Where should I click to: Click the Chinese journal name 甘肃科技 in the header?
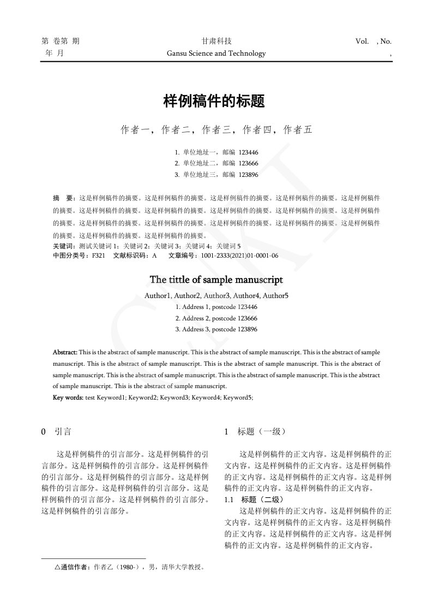tap(216, 41)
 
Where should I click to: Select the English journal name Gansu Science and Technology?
tap(216, 53)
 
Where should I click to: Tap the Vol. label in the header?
tap(362, 41)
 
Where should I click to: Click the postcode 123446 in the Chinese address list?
tap(248, 152)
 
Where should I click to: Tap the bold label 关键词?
tap(63, 246)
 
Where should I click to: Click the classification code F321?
tap(98, 255)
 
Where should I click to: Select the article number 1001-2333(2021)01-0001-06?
tap(239, 255)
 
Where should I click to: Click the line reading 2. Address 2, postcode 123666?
tap(216, 318)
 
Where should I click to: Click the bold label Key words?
tap(68, 397)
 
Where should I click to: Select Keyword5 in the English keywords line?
tap(237, 397)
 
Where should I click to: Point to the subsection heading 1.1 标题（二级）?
tap(254, 499)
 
